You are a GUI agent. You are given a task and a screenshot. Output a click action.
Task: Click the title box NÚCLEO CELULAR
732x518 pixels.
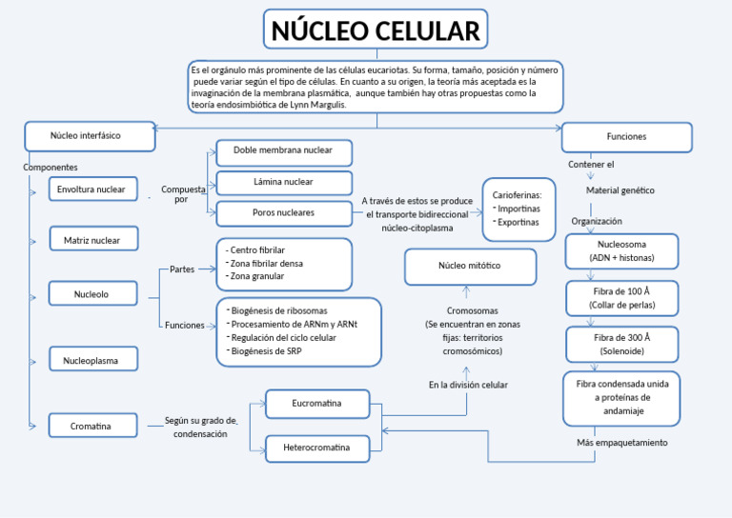[x=376, y=30]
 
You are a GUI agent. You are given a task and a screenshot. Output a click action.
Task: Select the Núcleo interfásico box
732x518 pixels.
[x=90, y=136]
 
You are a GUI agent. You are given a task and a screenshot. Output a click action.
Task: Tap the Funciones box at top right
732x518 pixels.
[x=625, y=137]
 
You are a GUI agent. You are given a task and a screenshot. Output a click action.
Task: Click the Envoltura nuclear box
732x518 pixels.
[x=92, y=189]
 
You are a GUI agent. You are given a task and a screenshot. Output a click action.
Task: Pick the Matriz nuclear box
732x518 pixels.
[x=93, y=240]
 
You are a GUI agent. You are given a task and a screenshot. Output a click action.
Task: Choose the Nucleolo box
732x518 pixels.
[x=92, y=294]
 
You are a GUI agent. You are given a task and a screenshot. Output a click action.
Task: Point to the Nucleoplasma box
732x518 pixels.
[x=92, y=360]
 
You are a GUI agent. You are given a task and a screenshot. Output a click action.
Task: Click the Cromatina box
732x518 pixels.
[x=92, y=426]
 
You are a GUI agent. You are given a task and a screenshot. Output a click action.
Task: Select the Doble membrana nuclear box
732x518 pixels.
[x=283, y=151]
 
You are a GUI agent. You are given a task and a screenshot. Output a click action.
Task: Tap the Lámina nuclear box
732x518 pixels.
[x=283, y=182]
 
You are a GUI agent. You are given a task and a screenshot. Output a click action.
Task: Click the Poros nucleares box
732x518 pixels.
[x=283, y=213]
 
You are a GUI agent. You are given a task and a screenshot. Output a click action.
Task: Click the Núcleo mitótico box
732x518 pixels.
[x=469, y=267]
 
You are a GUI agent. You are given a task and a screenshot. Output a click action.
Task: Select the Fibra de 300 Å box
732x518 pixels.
[x=621, y=344]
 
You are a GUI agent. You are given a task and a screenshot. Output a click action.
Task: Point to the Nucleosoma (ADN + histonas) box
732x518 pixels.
[x=621, y=251]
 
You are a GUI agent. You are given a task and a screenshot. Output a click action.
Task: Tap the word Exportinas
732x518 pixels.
[x=518, y=222]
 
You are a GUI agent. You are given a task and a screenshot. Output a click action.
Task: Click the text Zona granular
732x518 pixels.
[x=256, y=276]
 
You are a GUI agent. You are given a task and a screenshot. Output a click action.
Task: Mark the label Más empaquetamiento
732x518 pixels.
[x=621, y=443]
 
